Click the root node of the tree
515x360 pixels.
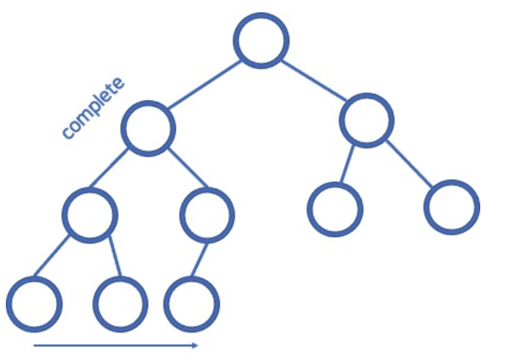coord(261,40)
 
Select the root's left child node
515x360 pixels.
coord(148,129)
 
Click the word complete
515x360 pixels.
coord(93,109)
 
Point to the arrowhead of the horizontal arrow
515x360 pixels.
coord(195,346)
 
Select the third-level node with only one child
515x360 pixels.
coord(207,214)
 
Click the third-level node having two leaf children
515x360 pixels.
coord(90,214)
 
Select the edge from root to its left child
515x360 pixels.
coord(203,85)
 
